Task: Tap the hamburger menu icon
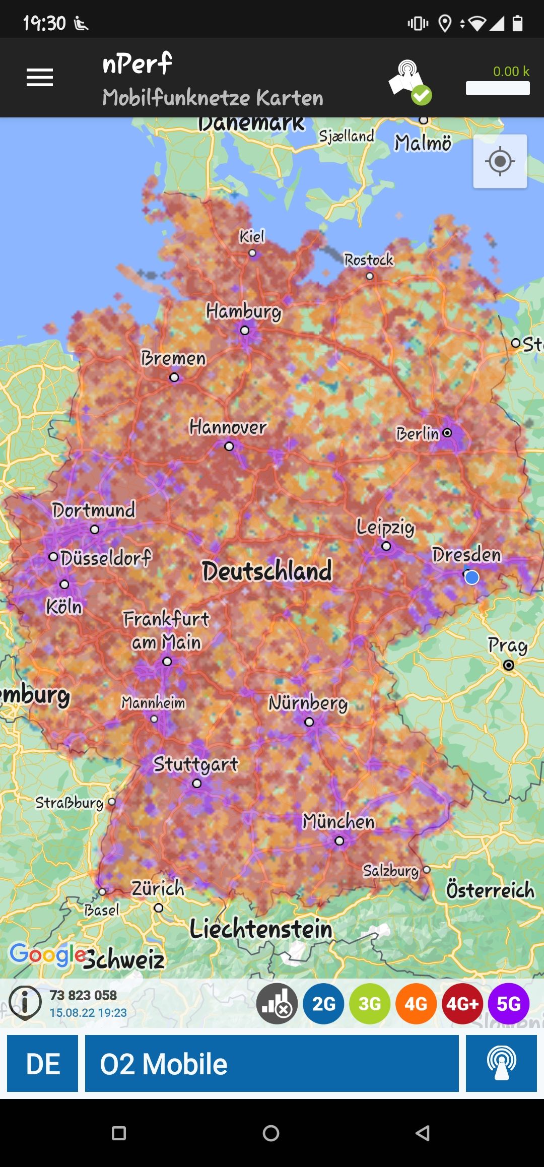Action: tap(40, 78)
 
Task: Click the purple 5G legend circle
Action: tap(509, 1004)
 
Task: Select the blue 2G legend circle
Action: tap(323, 1004)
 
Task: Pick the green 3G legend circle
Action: tap(370, 1004)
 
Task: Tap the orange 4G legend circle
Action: tap(416, 1004)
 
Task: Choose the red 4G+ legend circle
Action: tap(462, 1004)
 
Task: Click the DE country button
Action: tap(43, 1064)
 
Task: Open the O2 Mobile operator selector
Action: tap(271, 1064)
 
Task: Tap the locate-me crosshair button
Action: tap(500, 161)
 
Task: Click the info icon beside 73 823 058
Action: tap(25, 1003)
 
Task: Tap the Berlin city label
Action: tap(417, 434)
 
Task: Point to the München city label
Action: tap(338, 822)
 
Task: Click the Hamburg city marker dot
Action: tap(245, 331)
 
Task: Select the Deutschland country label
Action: tap(267, 571)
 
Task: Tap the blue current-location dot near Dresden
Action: tap(472, 577)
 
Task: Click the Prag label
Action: tap(508, 645)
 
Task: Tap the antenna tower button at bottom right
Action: tap(501, 1064)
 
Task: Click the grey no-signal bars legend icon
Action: tap(277, 1004)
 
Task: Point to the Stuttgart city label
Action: tap(195, 764)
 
